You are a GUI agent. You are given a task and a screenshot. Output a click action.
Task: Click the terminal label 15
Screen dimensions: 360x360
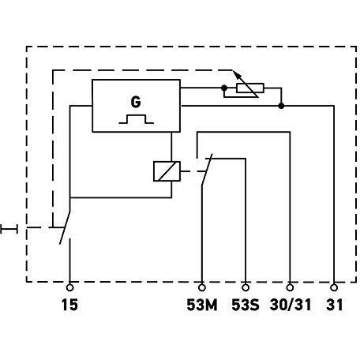pyautogui.click(x=69, y=305)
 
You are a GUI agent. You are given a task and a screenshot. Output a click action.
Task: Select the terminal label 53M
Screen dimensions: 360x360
pyautogui.click(x=202, y=305)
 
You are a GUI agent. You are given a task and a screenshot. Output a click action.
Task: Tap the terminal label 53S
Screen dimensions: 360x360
pyautogui.click(x=246, y=305)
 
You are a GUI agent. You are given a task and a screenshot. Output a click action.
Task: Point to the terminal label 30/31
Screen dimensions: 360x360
pyautogui.click(x=291, y=305)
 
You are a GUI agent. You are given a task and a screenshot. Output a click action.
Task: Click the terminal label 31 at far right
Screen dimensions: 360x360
pyautogui.click(x=335, y=305)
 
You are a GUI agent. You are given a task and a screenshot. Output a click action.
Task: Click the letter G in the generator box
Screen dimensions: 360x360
pyautogui.click(x=136, y=102)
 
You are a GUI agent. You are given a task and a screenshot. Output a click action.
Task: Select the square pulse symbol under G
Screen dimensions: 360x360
pyautogui.click(x=136, y=119)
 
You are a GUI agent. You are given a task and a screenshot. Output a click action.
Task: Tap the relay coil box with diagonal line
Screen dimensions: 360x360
pyautogui.click(x=167, y=171)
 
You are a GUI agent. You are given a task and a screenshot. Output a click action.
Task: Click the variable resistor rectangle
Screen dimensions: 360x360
pyautogui.click(x=250, y=88)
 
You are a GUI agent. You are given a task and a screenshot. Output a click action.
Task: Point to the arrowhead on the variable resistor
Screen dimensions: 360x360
pyautogui.click(x=238, y=75)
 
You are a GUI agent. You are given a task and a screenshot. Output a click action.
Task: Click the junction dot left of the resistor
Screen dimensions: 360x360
pyautogui.click(x=224, y=88)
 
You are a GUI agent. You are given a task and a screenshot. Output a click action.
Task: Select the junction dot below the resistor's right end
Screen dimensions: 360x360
pyautogui.click(x=281, y=106)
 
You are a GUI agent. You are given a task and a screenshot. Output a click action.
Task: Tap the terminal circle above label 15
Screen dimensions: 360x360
pyautogui.click(x=69, y=287)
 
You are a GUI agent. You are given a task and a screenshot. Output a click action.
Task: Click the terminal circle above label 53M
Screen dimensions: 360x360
pyautogui.click(x=202, y=287)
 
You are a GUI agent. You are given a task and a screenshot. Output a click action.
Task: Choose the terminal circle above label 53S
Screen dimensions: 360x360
pyautogui.click(x=246, y=287)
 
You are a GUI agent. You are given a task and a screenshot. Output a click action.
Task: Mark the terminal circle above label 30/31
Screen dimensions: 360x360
pyautogui.click(x=290, y=287)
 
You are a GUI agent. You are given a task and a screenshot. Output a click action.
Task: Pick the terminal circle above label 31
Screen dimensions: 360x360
pyautogui.click(x=334, y=287)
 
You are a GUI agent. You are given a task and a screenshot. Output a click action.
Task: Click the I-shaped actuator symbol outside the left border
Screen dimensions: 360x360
pyautogui.click(x=9, y=229)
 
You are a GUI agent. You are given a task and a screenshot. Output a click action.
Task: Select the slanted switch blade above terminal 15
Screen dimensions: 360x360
pyautogui.click(x=65, y=227)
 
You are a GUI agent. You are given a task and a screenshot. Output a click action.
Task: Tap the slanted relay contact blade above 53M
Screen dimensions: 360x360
pyautogui.click(x=207, y=169)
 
